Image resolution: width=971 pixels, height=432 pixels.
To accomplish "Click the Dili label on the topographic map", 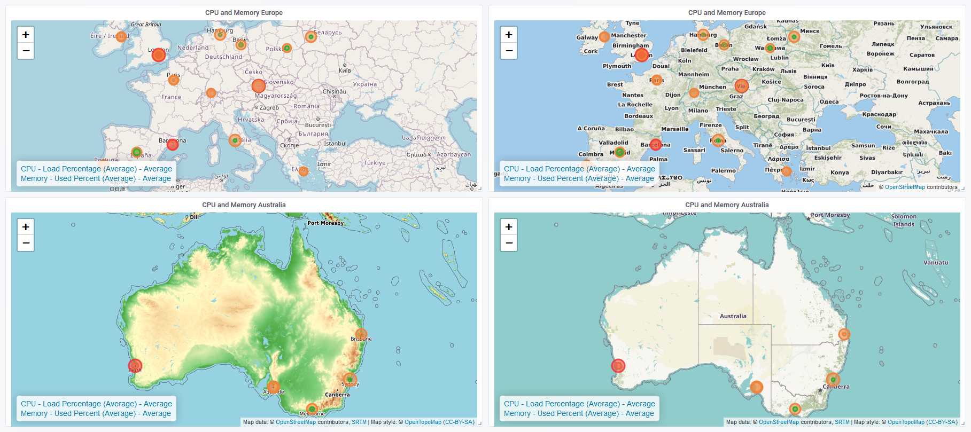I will point(195,217).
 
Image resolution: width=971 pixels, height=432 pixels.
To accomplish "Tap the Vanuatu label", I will point(936,262).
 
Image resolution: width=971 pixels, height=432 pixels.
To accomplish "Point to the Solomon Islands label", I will point(904,220).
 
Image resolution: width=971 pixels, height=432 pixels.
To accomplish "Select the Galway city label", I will point(587,37).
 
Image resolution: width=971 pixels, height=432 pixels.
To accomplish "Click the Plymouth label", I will point(617,66).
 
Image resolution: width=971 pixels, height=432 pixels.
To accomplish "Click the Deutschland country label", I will point(223,57).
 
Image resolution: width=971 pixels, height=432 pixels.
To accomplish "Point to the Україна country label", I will point(365,84).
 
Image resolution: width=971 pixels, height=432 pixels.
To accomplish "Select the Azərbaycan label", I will point(454,154).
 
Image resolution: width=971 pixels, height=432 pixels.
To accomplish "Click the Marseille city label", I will point(674,129).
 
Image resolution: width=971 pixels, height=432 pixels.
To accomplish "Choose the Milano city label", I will point(698,111).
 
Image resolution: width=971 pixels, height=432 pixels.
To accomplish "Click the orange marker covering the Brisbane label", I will point(361,335).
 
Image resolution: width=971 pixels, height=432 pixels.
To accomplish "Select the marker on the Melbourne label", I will point(312,409).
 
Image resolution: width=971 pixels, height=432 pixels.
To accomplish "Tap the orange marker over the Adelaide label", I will point(273,387).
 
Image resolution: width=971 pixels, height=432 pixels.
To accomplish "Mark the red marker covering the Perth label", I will point(135,366).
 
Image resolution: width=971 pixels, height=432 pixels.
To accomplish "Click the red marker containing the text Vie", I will point(741,85).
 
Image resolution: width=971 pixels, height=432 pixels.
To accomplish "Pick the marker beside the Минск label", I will point(794,36).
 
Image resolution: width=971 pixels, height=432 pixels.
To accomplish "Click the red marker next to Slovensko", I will point(259,85).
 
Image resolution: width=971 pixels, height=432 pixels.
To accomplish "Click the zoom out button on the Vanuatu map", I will point(509,244).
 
